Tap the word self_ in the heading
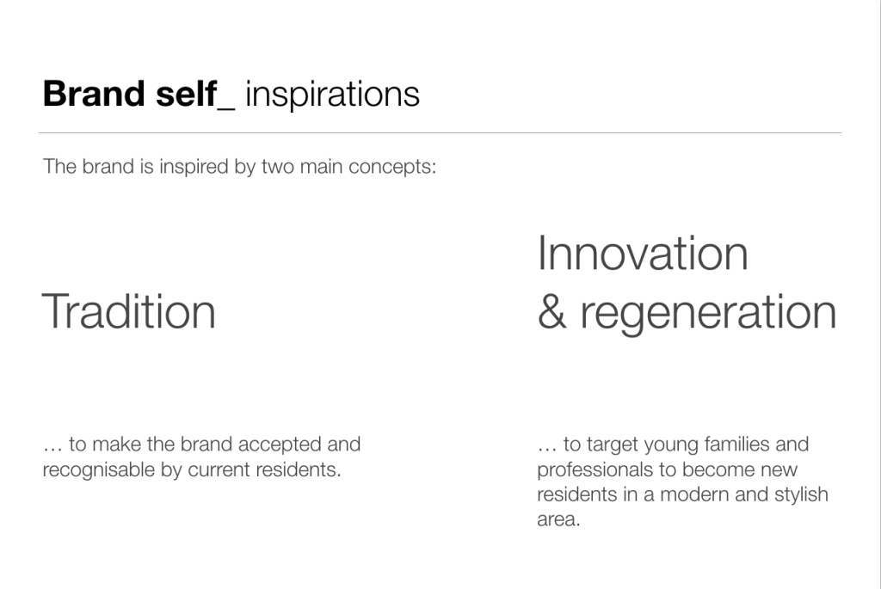point(195,95)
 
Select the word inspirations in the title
point(333,95)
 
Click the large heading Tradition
point(129,311)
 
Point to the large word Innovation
point(643,254)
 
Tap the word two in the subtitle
point(278,167)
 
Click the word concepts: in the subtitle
point(392,168)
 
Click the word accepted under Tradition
point(275,445)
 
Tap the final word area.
point(558,520)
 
